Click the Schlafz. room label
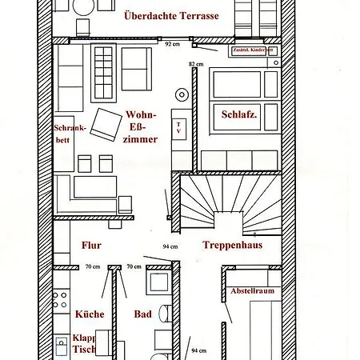click(240, 114)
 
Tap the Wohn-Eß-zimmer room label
click(141, 126)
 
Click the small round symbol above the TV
click(182, 96)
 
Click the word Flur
click(91, 246)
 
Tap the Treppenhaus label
click(228, 246)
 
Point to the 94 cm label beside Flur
click(169, 246)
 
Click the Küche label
click(89, 314)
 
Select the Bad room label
click(143, 314)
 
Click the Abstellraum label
click(252, 290)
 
